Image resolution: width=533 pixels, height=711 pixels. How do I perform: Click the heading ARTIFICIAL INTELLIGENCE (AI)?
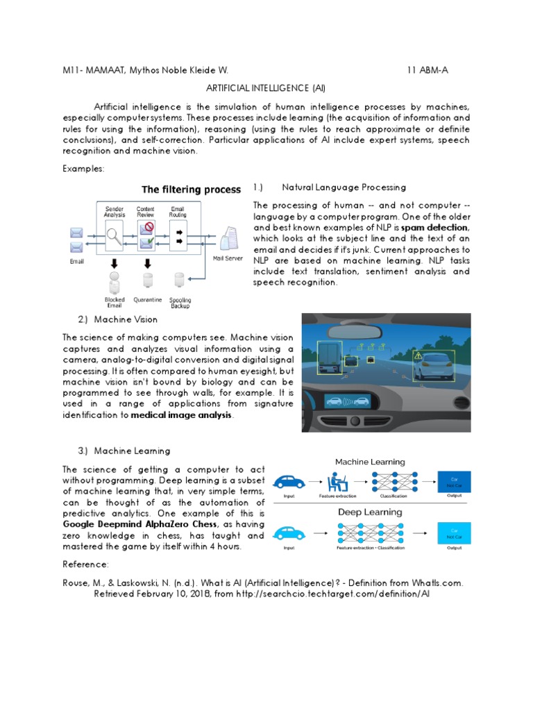(266, 88)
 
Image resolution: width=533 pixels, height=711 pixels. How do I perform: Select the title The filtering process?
(191, 190)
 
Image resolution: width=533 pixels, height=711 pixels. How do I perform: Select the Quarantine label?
(148, 300)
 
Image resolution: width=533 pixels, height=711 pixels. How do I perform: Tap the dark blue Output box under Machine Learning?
(455, 481)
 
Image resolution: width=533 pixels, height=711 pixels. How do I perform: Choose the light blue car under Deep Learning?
(291, 533)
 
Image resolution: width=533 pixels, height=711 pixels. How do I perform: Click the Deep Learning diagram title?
(370, 512)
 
